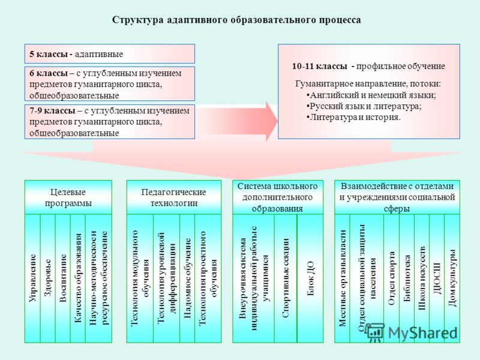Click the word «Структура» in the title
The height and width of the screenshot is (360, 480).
pos(138,20)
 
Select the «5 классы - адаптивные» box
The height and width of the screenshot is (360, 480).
pos(110,54)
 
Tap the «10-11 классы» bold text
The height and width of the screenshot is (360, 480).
pos(320,66)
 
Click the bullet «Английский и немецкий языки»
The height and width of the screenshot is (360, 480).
pos(371,95)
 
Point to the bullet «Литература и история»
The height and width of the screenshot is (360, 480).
pos(353,117)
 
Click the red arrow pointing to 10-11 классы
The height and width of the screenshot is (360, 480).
pos(236,121)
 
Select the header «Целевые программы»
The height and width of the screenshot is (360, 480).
pos(68,197)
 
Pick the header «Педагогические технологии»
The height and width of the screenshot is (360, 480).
pos(174,197)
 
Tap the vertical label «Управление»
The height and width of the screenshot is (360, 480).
pos(32,278)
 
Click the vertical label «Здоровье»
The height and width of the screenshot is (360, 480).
pos(48,278)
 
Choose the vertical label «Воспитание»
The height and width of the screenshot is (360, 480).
pos(63,278)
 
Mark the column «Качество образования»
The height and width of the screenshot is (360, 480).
pos(78,278)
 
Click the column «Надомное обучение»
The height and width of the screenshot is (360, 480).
pos(187,278)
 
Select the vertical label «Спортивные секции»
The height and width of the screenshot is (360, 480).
pos(286,278)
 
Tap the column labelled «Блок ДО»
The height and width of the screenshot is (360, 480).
pos(310,278)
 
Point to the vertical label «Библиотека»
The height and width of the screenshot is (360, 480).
pos(407,278)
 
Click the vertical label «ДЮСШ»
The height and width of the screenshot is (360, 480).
pos(437,278)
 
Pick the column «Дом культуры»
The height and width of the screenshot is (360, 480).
pos(452,278)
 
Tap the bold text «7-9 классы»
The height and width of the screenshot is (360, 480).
pos(52,110)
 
